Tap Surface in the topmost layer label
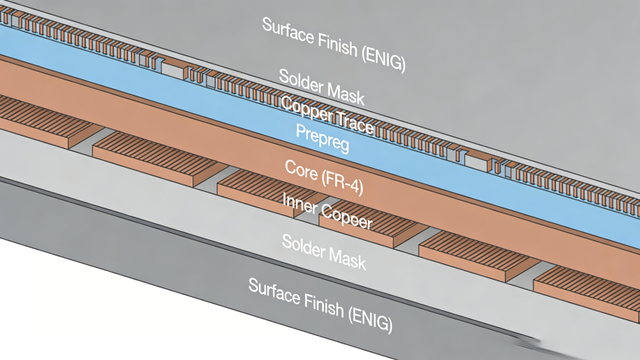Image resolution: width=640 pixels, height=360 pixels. (285, 29)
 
